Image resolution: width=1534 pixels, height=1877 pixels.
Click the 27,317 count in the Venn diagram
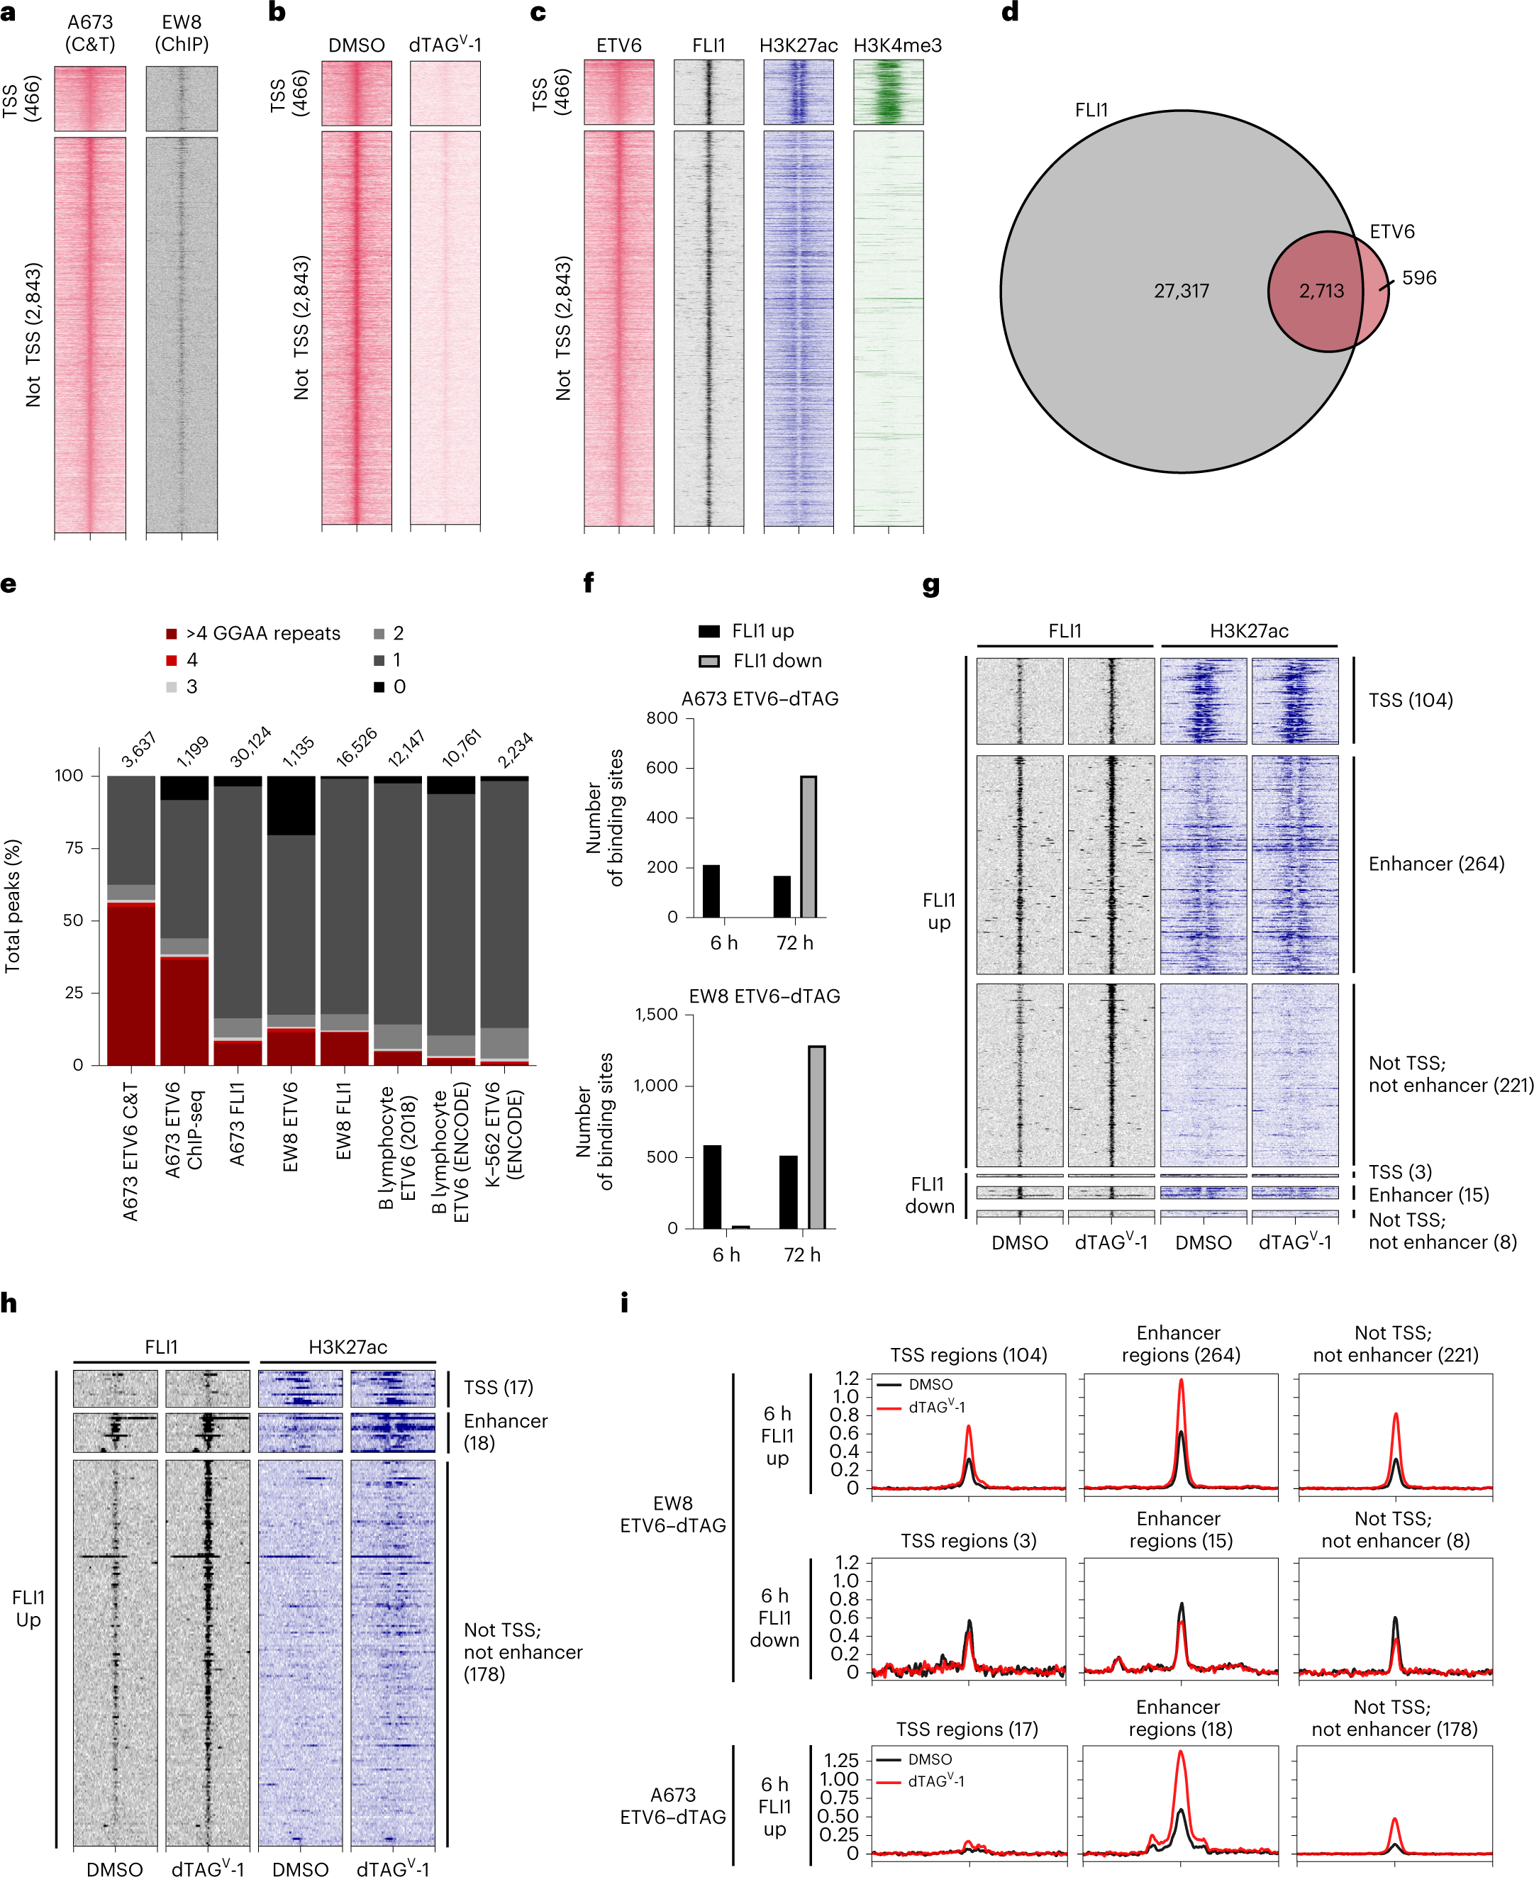(1181, 291)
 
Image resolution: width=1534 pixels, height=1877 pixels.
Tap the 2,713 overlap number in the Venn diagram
(1321, 291)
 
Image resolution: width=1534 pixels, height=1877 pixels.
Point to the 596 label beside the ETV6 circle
(1418, 277)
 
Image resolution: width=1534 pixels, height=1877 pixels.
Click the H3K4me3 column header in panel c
(897, 45)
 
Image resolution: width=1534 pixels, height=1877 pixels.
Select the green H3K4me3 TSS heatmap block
(888, 92)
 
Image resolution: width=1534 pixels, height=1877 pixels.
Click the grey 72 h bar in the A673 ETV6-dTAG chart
(808, 845)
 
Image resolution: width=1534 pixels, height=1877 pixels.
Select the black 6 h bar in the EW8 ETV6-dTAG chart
(712, 1186)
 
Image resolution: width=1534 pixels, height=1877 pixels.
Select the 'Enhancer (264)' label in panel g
(1436, 864)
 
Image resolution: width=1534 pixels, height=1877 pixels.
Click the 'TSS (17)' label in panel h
(499, 1388)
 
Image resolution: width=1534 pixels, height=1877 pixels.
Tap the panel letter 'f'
(589, 583)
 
